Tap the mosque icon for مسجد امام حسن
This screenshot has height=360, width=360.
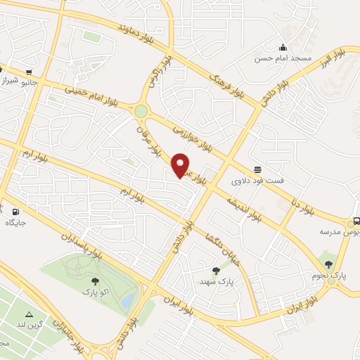pos(283,47)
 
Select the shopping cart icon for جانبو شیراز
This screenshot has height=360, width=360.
pos(29,71)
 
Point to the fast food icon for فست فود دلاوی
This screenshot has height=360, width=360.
pos(258,169)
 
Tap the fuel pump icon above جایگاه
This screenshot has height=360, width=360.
pos(15,211)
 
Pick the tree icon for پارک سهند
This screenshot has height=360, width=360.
pos(216,270)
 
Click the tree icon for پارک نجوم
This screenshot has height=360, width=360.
pos(328,264)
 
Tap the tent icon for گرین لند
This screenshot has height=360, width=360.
pos(29,314)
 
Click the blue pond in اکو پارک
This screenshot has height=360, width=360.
pos(127,301)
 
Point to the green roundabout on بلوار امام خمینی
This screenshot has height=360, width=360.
pos(141,111)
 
